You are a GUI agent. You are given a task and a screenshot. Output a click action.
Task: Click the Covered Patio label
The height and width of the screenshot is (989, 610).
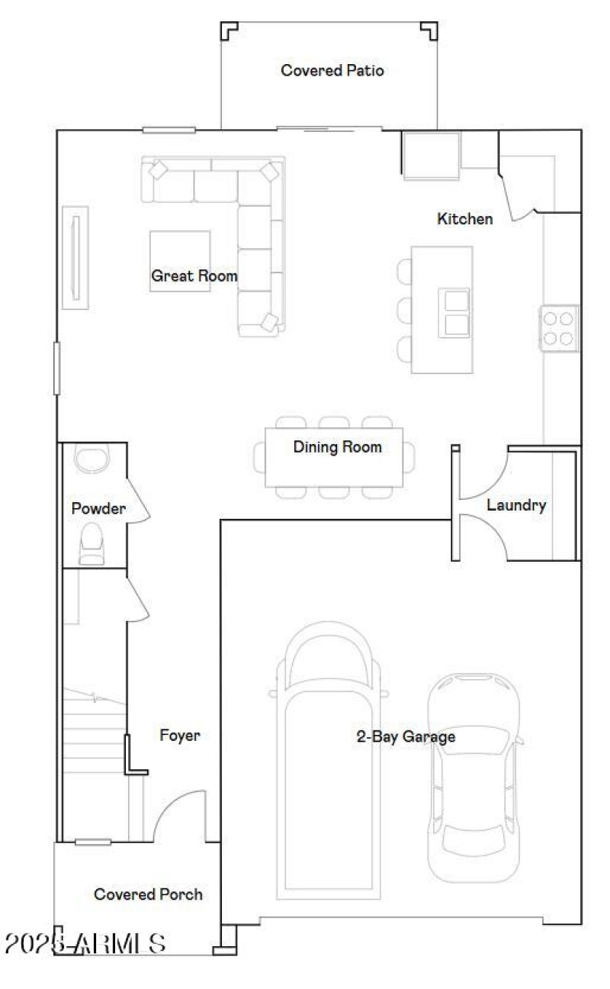(x=332, y=71)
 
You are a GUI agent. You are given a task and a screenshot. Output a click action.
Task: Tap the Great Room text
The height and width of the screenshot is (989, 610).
(x=194, y=276)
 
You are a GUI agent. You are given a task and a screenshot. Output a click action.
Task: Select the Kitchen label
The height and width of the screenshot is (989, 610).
(x=464, y=220)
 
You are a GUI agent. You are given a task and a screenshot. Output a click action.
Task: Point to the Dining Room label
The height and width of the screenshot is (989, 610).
(x=337, y=447)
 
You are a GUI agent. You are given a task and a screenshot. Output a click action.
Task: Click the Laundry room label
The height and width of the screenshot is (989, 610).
(x=516, y=505)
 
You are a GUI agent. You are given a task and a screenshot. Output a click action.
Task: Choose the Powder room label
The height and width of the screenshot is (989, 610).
(x=98, y=509)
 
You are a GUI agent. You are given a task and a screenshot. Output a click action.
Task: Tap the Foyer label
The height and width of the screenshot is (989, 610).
(x=180, y=736)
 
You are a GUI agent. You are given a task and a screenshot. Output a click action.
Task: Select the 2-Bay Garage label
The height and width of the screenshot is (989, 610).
(x=406, y=737)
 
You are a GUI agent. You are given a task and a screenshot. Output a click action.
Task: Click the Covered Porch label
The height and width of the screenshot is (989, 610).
(x=148, y=894)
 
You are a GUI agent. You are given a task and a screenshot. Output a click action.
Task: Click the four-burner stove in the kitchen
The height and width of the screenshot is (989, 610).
(x=560, y=328)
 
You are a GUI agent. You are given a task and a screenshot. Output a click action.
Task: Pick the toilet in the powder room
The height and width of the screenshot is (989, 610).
(x=92, y=543)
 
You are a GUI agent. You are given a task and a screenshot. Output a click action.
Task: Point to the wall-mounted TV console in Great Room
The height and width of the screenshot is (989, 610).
(x=75, y=257)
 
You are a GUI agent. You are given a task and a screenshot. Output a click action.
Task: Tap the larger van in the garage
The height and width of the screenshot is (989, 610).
(x=329, y=755)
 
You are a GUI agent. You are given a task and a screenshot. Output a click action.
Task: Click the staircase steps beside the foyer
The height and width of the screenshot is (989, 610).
(x=93, y=733)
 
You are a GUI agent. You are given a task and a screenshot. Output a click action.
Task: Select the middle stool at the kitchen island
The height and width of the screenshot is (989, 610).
(x=404, y=310)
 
